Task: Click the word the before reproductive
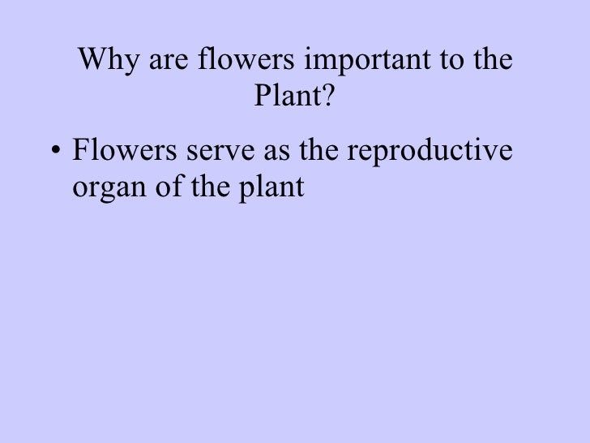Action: [x=318, y=153]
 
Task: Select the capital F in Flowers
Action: [x=80, y=153]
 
